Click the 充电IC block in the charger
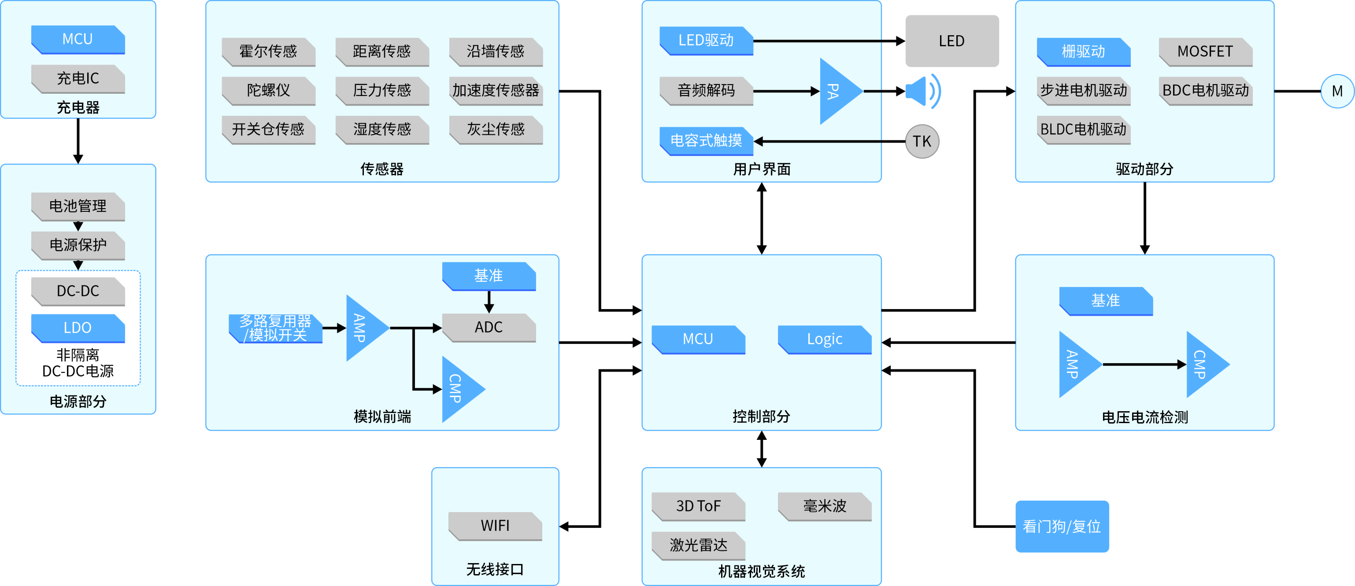coord(78,78)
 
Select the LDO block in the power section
coord(78,328)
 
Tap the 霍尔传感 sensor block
coord(268,51)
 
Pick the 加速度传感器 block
coord(496,90)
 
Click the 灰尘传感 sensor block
coord(496,129)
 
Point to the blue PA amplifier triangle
coord(837,91)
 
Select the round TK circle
coord(922,141)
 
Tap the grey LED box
coord(951,41)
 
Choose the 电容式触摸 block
coord(706,140)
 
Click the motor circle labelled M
coord(1336,91)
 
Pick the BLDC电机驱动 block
coord(1084,129)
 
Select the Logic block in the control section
coord(824,339)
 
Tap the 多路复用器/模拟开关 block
coord(275,328)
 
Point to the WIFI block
coord(495,525)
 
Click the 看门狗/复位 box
coord(1062,526)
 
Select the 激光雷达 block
coord(698,545)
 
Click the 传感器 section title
coord(382,169)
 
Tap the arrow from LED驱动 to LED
coord(829,41)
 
